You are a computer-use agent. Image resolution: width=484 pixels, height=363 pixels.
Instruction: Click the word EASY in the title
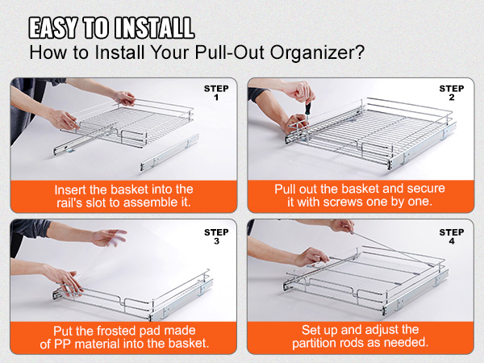click(x=53, y=27)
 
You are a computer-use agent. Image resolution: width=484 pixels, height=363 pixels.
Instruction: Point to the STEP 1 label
click(x=216, y=93)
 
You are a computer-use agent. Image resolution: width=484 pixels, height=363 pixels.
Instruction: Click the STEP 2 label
click(x=452, y=93)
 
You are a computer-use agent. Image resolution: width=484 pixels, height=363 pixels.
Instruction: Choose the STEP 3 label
click(x=216, y=236)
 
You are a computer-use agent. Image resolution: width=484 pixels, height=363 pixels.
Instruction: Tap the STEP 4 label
click(x=452, y=236)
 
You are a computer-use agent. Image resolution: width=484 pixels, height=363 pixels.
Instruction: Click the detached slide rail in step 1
click(x=169, y=153)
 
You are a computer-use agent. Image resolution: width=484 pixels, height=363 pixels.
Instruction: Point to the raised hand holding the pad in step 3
click(x=110, y=237)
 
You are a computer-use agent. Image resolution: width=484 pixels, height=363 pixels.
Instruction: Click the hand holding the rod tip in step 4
click(x=342, y=226)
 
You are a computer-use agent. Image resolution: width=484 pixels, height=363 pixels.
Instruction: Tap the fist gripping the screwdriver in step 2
click(x=298, y=91)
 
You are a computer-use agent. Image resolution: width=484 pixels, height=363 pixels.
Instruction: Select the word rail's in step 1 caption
click(x=69, y=202)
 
